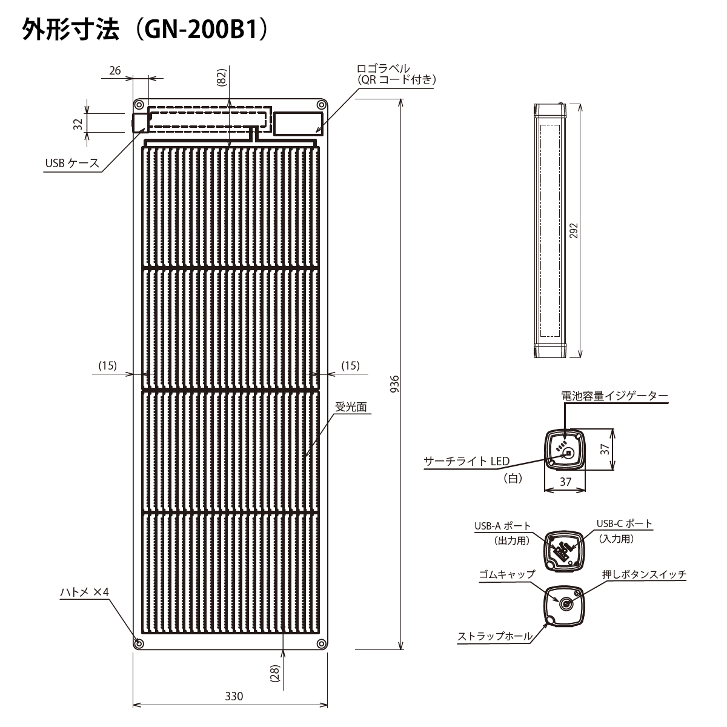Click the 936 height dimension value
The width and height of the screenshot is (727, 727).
pyautogui.click(x=394, y=384)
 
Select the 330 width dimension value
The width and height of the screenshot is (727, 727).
pyautogui.click(x=234, y=696)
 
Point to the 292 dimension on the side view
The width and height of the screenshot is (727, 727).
pyautogui.click(x=574, y=231)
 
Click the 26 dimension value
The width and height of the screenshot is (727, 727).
pyautogui.click(x=116, y=71)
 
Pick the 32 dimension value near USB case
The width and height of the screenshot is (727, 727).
pyautogui.click(x=78, y=124)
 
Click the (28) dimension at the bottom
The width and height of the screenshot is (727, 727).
pyautogui.click(x=274, y=674)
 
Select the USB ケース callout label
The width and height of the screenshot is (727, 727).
pyautogui.click(x=71, y=163)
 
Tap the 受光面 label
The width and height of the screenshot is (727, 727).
pyautogui.click(x=351, y=408)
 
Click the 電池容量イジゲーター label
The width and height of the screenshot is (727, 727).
pyautogui.click(x=614, y=396)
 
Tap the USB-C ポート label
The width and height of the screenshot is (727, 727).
pyautogui.click(x=624, y=524)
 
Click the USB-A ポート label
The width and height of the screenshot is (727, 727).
pyautogui.click(x=502, y=525)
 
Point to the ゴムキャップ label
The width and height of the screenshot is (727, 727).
pyautogui.click(x=506, y=574)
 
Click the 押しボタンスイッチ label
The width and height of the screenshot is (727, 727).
pyautogui.click(x=644, y=574)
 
